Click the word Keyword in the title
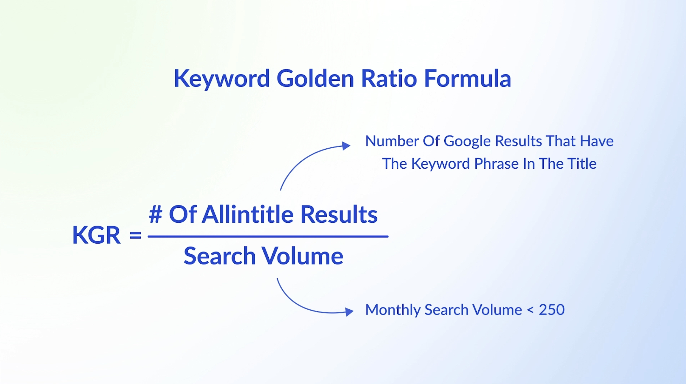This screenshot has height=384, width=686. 222,79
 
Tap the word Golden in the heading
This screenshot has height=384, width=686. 315,78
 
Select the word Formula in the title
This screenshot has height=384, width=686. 467,78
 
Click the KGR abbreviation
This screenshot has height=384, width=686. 97,235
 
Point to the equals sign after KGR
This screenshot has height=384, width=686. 135,235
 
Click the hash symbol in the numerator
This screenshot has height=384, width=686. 156,214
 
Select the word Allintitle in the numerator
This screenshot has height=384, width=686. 248,214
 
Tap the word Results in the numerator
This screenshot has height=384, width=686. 339,214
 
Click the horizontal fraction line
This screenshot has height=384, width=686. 268,237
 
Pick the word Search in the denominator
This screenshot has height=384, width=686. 220,256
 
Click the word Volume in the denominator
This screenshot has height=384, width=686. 302,256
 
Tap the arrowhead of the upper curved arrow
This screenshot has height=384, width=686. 346,146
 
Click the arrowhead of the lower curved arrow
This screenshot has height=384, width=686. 349,312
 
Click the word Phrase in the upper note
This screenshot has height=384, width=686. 497,164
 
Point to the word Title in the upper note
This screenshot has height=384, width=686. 582,164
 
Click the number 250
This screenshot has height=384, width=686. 552,310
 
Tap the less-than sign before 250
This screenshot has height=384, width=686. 530,310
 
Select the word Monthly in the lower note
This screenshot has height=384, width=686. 393,310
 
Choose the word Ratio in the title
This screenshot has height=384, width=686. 389,78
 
